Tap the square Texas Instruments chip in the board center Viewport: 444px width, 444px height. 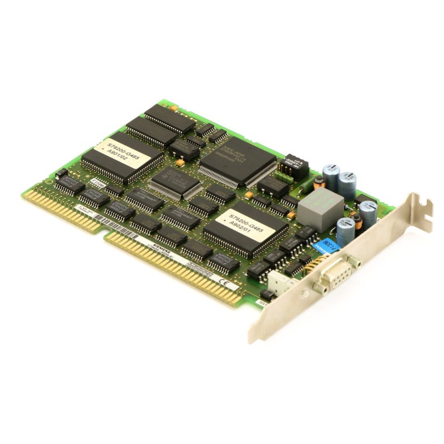175,181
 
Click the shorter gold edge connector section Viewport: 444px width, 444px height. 62,208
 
